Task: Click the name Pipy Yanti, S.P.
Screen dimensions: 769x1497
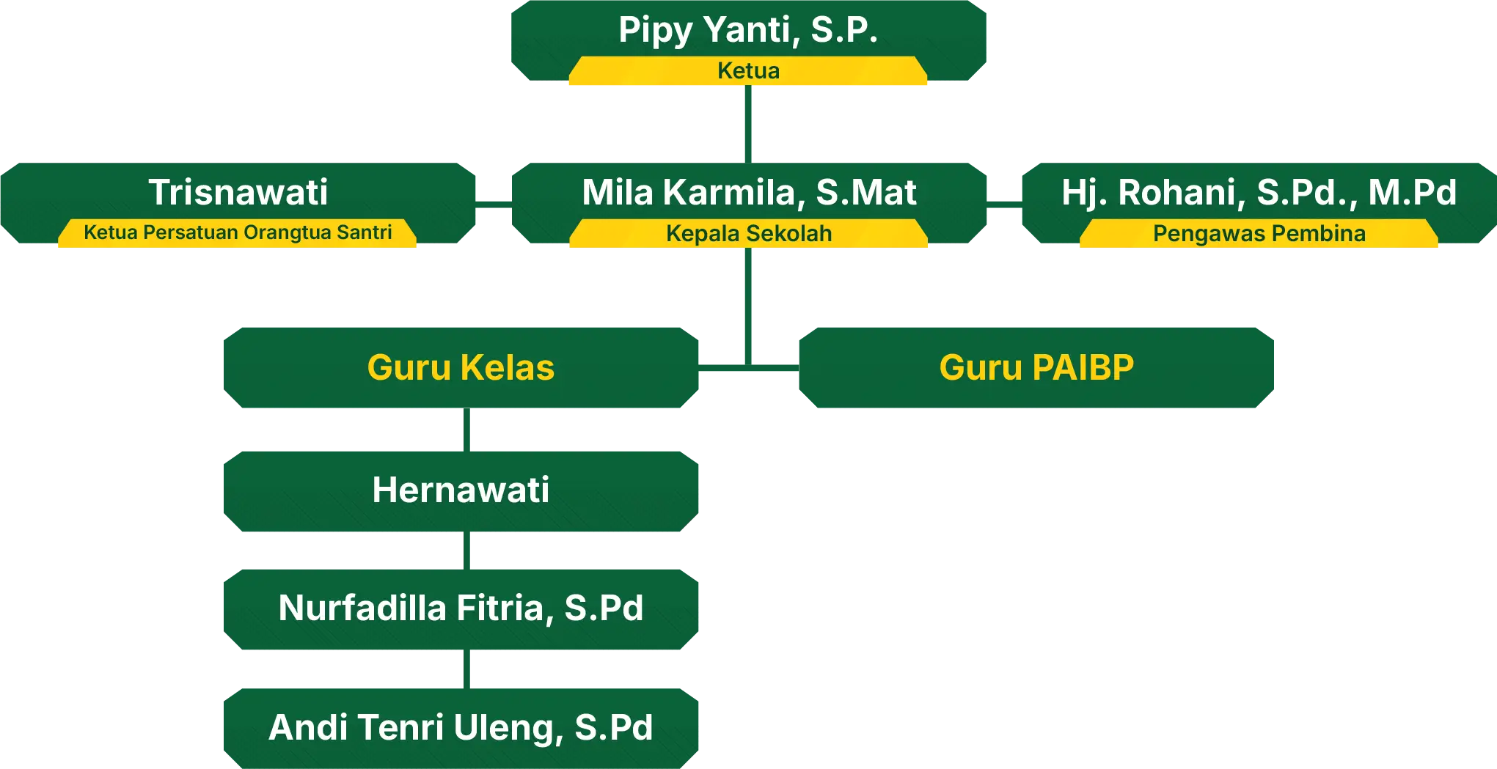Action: coord(747,31)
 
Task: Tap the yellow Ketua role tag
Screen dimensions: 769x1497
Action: coord(748,71)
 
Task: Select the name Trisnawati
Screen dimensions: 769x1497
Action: coord(238,192)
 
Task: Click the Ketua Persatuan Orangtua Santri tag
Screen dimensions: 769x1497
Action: coord(238,233)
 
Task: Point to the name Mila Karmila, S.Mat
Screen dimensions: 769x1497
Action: coord(749,192)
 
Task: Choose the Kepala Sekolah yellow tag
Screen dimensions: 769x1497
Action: coord(749,234)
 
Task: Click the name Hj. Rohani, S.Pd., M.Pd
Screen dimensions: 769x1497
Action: coord(1259,192)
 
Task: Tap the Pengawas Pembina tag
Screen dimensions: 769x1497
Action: coord(1259,234)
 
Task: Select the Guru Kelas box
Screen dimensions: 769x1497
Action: coord(461,367)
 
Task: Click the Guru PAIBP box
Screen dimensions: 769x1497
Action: coord(1036,367)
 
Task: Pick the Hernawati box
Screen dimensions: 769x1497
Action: coord(461,490)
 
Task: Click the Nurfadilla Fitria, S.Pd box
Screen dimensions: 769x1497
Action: coord(461,608)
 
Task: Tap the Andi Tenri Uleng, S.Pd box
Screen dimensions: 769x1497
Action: coord(461,727)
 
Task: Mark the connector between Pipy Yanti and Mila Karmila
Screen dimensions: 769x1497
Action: coord(748,122)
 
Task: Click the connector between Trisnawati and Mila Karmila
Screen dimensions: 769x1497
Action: coord(495,205)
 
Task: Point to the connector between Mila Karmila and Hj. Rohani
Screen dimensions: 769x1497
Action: coord(1006,205)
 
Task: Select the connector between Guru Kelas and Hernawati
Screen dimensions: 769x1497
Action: coord(469,428)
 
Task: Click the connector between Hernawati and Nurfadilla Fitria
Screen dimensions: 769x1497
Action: coord(469,551)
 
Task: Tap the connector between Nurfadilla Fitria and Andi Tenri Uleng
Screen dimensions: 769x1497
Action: coord(469,669)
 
